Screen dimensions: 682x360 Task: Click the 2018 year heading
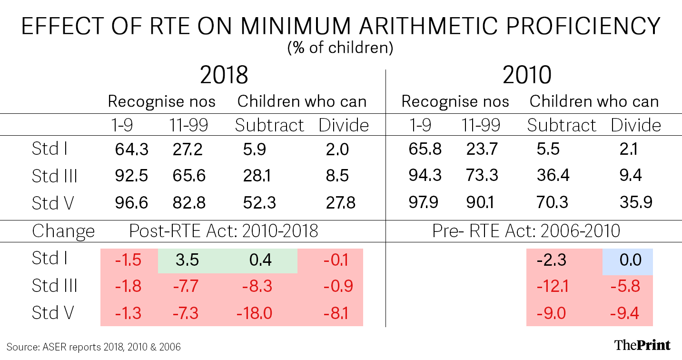(224, 75)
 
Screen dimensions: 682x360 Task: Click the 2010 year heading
(527, 75)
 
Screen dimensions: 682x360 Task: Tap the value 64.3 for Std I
(131, 149)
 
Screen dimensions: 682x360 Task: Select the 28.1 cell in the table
(257, 176)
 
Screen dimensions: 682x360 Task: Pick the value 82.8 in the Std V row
(189, 202)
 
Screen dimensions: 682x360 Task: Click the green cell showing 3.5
(187, 260)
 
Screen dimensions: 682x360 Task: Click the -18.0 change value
(254, 313)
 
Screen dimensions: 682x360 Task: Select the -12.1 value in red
(552, 287)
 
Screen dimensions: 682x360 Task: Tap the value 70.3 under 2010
(552, 202)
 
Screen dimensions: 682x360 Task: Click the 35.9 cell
(636, 202)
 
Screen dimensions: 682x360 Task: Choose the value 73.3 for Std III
(482, 175)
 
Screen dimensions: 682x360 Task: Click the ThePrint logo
(642, 345)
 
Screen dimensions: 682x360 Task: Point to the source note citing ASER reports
(93, 347)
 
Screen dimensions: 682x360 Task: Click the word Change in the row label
(63, 231)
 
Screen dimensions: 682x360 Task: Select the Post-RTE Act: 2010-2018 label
(224, 231)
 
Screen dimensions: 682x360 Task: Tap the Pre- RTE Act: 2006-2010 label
(526, 231)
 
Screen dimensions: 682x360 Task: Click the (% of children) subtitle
(340, 48)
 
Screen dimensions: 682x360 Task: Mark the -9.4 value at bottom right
(624, 313)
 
